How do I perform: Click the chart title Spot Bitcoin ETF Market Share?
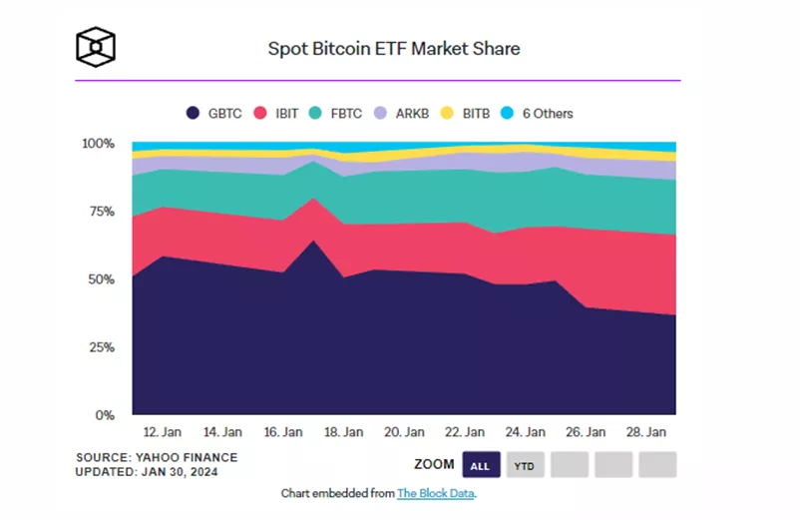[x=394, y=48]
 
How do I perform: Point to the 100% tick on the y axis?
[x=98, y=144]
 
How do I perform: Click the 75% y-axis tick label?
[x=102, y=212]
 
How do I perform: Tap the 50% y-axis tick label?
[x=102, y=279]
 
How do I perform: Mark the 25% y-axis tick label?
[x=102, y=347]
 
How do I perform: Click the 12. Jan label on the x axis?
[x=162, y=433]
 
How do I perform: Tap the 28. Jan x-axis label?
[x=645, y=433]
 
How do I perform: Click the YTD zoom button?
[x=524, y=465]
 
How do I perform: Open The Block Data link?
[x=435, y=493]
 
